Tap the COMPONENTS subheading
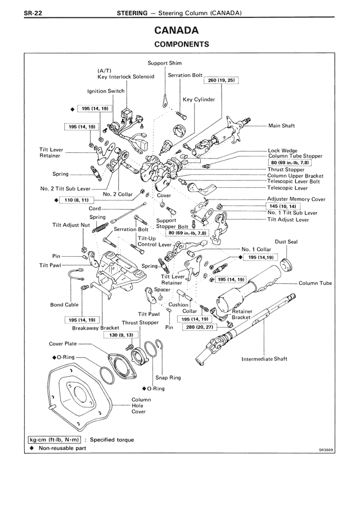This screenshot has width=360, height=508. [x=180, y=43]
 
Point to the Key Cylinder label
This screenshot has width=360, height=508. [x=195, y=99]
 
